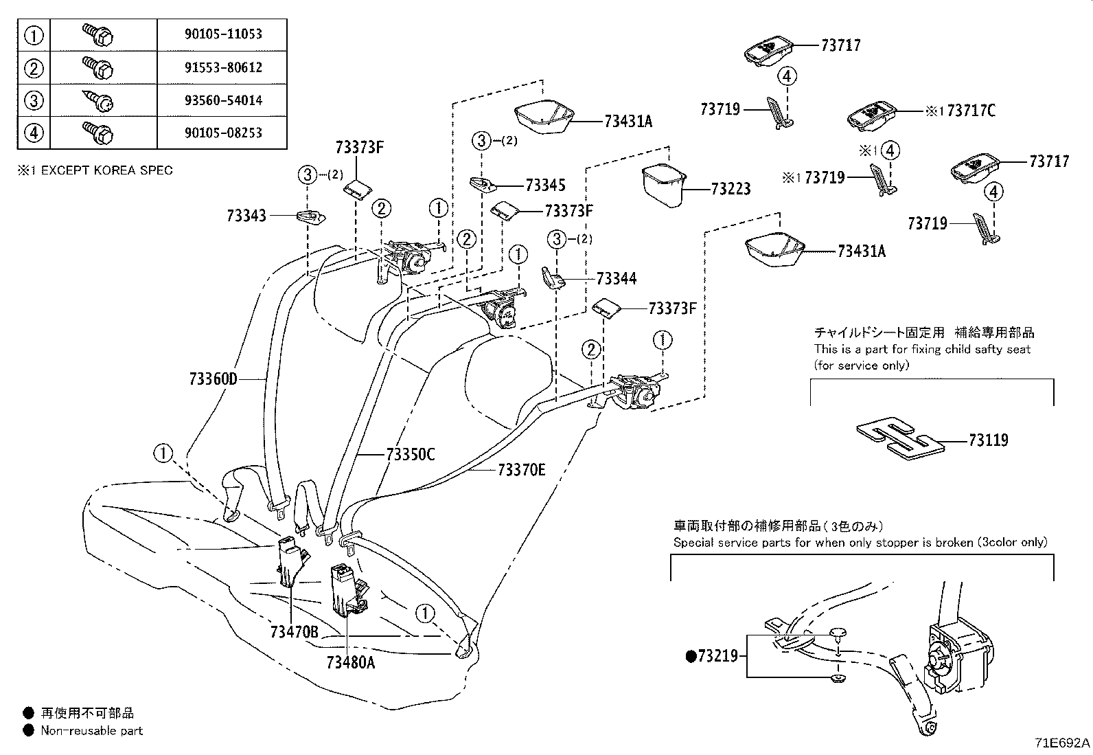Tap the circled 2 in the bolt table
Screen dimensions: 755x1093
click(x=34, y=67)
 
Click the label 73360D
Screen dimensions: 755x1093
click(x=213, y=379)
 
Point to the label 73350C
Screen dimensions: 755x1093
click(x=410, y=454)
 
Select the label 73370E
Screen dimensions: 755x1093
click(x=521, y=470)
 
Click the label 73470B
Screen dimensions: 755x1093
click(x=294, y=632)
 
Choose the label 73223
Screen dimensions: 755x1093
click(x=730, y=188)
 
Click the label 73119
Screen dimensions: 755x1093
click(x=988, y=440)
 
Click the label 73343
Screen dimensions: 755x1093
click(x=246, y=216)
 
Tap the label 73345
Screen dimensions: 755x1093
click(x=545, y=185)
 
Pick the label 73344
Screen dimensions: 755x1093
click(x=616, y=278)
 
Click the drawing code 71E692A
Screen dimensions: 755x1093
click(x=1062, y=743)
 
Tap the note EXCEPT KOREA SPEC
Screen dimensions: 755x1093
click(x=106, y=170)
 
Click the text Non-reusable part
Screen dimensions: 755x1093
click(x=91, y=730)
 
